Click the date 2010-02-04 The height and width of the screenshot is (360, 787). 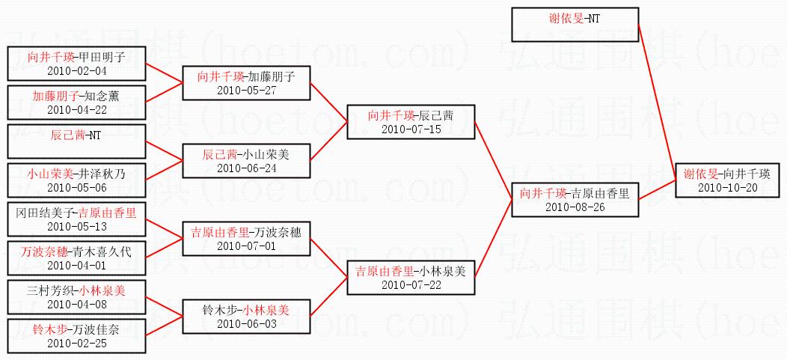coord(77,70)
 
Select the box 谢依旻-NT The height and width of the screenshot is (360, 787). coord(575,25)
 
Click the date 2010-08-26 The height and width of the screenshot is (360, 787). coord(575,207)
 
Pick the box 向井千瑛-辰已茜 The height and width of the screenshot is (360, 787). coord(410,122)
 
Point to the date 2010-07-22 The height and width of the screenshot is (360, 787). coord(410,284)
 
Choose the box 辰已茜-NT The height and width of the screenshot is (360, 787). coord(76,141)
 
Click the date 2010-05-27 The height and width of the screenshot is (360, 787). coord(247,90)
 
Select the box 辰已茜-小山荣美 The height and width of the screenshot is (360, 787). coord(247,160)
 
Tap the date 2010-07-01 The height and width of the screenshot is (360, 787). coord(247,245)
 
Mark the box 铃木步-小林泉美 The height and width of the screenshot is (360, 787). coord(247,314)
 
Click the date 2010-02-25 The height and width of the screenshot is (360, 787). coord(77,343)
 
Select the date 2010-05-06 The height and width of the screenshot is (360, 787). coord(77,187)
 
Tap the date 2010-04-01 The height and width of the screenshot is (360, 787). coord(77,265)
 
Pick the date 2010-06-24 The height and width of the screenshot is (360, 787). coord(247,168)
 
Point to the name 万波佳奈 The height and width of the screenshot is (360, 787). coord(95,329)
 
